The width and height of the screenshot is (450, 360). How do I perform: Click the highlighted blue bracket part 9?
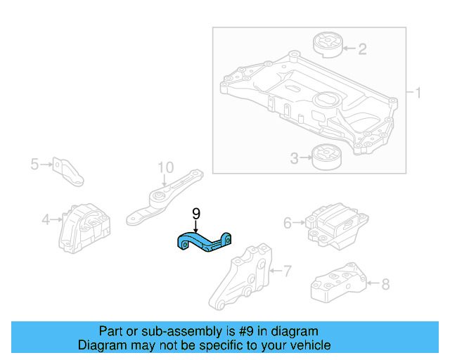205,241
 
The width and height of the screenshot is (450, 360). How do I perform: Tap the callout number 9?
196,213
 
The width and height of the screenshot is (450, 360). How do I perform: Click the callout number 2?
362,49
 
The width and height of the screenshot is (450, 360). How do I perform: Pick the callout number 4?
46,219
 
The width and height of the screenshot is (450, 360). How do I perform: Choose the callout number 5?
34,165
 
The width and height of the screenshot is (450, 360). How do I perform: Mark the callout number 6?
288,223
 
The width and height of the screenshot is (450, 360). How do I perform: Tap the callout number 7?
286,269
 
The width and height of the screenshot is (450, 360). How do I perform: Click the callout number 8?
385,285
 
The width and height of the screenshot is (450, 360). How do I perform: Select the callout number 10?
165,167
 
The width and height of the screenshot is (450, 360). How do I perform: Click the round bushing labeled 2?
327,44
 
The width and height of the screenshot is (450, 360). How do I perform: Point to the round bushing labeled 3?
326,157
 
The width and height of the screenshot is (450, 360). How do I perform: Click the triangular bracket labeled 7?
243,278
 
